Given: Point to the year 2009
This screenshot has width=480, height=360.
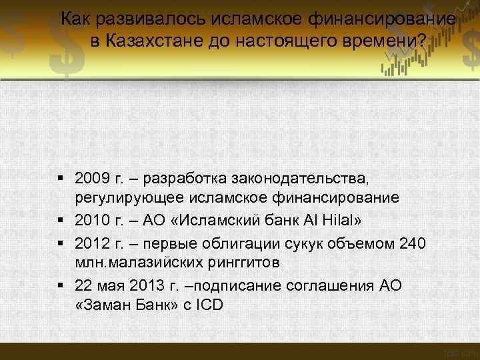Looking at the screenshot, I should coord(90,179).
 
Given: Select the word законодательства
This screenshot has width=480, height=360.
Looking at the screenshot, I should coord(301,179).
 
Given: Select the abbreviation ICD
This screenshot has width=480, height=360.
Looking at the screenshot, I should coord(209,306).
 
